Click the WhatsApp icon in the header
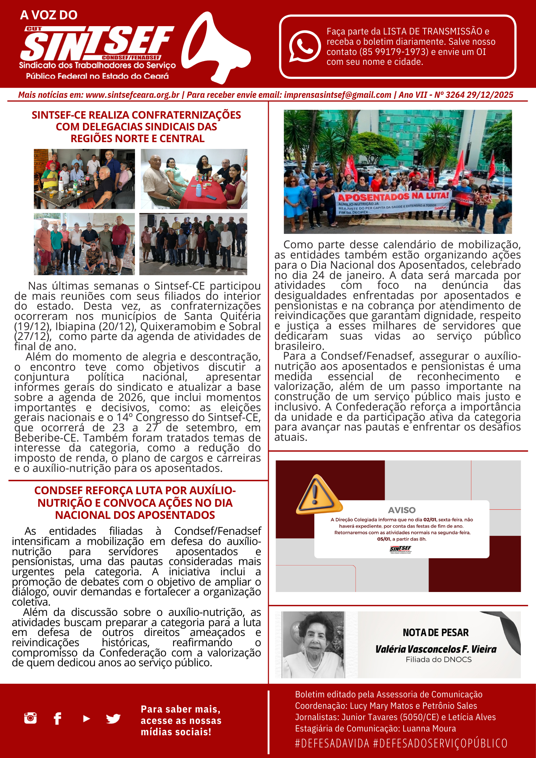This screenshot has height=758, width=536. point(305,46)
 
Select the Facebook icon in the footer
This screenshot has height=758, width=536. point(58,718)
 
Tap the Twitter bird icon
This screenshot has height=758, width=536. point(113,718)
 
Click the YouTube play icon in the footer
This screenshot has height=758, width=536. point(86,718)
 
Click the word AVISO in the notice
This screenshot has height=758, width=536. point(402,510)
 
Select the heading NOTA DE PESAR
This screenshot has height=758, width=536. point(436,633)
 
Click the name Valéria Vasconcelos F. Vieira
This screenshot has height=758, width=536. point(436,649)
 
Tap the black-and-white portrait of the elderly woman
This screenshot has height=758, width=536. point(313,645)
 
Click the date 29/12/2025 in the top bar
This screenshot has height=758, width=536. point(490,95)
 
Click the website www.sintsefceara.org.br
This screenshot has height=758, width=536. point(132,95)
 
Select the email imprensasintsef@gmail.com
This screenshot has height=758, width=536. point(337,95)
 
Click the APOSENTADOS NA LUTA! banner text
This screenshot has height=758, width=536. point(393,196)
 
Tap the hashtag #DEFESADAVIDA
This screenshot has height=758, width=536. point(332,743)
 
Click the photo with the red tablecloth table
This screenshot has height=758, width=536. point(194,179)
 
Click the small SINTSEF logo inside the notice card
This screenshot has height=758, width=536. point(401,549)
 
